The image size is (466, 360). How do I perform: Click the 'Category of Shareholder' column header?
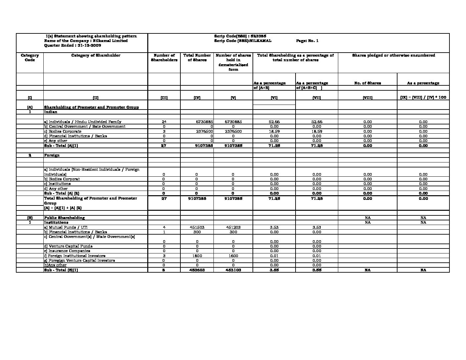[96, 55]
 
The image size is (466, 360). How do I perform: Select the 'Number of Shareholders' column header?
[164, 58]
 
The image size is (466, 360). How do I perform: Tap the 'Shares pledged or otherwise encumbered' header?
[394, 55]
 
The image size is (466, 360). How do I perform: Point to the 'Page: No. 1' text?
[307, 41]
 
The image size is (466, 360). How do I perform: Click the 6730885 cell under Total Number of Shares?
[204, 122]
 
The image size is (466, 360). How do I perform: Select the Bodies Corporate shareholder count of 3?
[164, 131]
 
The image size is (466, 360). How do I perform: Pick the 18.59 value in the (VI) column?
[274, 131]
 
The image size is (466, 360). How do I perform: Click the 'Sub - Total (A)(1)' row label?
[61, 146]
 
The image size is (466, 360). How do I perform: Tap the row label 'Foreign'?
[52, 155]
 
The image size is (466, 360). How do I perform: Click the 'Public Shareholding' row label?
[64, 218]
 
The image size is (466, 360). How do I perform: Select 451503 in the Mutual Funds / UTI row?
[197, 227]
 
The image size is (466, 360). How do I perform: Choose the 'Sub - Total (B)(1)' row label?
[61, 270]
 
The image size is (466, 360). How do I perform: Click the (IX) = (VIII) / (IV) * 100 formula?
[423, 97]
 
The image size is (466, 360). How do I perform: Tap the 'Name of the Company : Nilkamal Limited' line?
[86, 41]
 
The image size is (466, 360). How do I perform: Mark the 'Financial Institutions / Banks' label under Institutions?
[75, 232]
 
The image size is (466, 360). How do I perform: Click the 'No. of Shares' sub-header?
[367, 83]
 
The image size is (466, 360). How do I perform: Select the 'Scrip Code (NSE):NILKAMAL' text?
[243, 41]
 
